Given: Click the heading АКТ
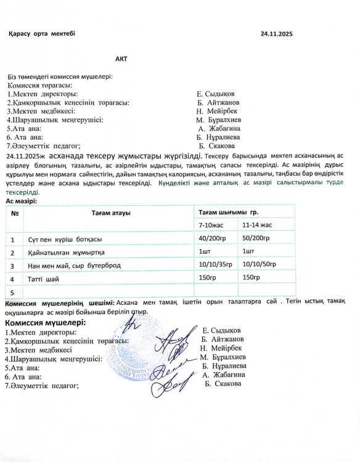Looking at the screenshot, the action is [120, 60].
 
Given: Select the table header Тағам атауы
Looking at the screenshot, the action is [111, 213].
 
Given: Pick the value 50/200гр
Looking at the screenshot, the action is [256, 238].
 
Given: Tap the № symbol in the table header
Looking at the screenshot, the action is [13, 213].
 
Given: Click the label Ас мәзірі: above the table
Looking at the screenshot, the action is [21, 201].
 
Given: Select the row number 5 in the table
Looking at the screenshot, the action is [12, 291].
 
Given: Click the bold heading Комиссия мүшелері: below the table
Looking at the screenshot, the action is [45, 322].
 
